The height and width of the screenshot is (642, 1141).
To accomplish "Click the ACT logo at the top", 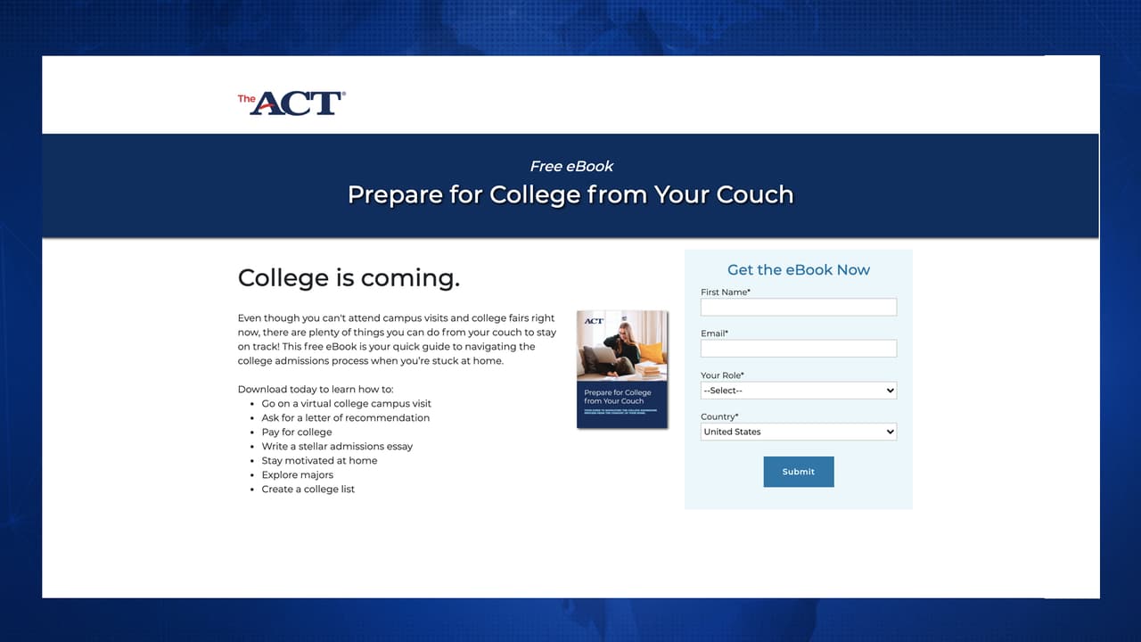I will [x=291, y=103].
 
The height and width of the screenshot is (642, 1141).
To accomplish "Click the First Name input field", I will [x=798, y=308].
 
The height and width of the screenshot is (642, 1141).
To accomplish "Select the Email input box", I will [x=798, y=349].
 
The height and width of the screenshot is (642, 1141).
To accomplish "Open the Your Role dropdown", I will [x=798, y=391].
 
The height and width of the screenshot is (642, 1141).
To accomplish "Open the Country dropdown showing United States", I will [x=798, y=432].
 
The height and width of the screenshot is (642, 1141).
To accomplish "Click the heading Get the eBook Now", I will [x=798, y=270].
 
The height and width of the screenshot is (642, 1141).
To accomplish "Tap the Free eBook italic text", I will [x=571, y=166].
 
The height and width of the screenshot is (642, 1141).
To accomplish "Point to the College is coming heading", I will [x=349, y=278].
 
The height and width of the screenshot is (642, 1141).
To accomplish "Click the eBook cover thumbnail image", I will [x=622, y=369].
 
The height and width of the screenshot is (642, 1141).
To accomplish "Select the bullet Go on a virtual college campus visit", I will [x=346, y=404].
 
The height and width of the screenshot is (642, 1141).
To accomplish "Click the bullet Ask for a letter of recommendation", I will [x=345, y=418].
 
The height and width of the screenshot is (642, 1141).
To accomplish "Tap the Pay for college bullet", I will [x=296, y=432].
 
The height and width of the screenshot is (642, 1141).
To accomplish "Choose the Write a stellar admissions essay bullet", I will [x=337, y=447].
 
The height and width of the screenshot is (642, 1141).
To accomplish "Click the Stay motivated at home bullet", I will [x=319, y=461].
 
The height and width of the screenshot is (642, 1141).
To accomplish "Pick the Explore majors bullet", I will [x=297, y=475].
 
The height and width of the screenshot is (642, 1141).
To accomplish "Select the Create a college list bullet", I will [x=308, y=490].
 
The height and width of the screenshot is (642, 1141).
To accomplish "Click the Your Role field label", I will [x=722, y=375].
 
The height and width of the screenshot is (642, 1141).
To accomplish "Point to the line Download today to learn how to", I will [x=315, y=390].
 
